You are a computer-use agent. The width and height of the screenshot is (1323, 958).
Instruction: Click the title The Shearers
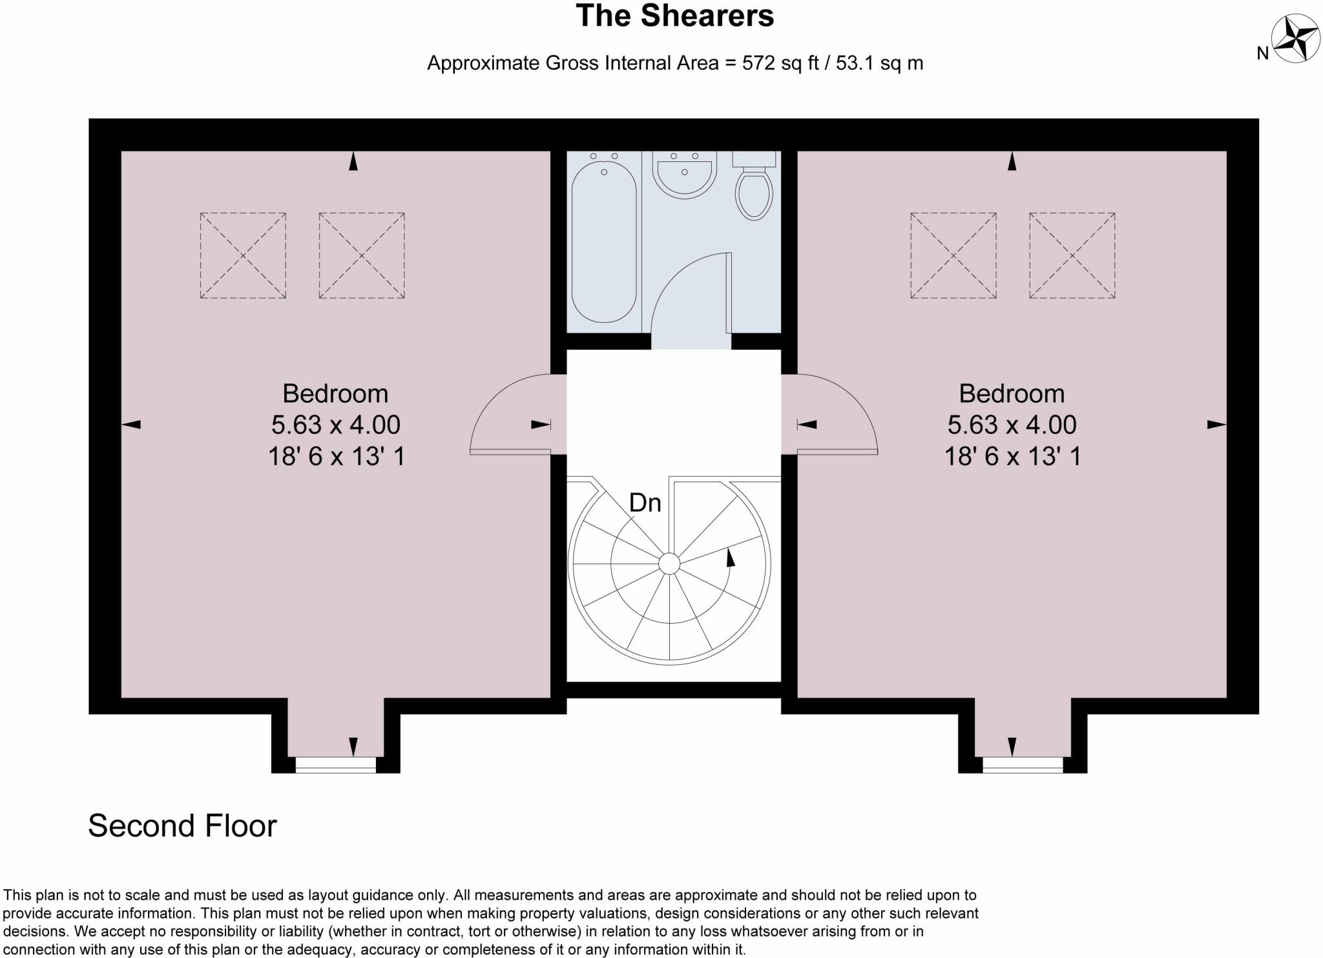674,16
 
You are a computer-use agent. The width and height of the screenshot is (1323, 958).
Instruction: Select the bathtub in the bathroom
604,242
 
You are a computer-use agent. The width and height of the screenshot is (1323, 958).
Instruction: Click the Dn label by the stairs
645,503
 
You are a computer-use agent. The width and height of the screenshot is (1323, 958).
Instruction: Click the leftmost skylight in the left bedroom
243,256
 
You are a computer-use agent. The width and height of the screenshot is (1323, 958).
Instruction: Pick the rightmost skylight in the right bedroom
1072,256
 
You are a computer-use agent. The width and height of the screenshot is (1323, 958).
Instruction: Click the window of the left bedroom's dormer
335,765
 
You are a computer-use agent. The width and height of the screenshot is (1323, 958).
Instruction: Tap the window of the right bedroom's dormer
1023,765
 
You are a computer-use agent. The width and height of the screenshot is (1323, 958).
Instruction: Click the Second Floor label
182,826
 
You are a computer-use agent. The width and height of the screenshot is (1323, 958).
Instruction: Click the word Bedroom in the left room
335,393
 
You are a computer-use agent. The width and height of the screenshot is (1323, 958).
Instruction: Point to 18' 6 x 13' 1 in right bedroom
1012,456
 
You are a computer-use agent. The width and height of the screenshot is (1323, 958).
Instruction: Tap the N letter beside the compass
1262,54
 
